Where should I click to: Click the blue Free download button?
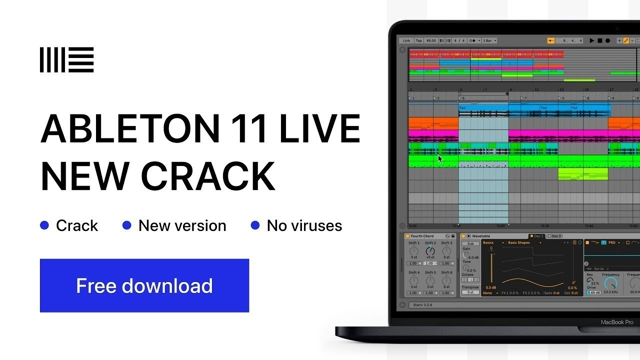pyautogui.click(x=144, y=285)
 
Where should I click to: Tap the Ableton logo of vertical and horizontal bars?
pyautogui.click(x=66, y=59)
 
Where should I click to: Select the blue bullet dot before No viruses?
pyautogui.click(x=255, y=225)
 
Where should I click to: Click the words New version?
pyautogui.click(x=182, y=225)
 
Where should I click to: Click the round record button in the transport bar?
pyautogui.click(x=607, y=40)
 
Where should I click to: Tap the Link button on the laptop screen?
pyautogui.click(x=406, y=40)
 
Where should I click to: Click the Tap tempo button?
pyautogui.click(x=418, y=40)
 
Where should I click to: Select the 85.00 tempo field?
pyautogui.click(x=431, y=40)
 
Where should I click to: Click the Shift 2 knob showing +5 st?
pyautogui.click(x=430, y=250)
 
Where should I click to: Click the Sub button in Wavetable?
pyautogui.click(x=470, y=243)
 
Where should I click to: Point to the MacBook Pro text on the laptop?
pyautogui.click(x=616, y=322)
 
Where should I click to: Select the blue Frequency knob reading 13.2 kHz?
pyautogui.click(x=610, y=283)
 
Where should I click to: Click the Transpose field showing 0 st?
pyautogui.click(x=470, y=292)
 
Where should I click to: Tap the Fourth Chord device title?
pyautogui.click(x=422, y=236)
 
